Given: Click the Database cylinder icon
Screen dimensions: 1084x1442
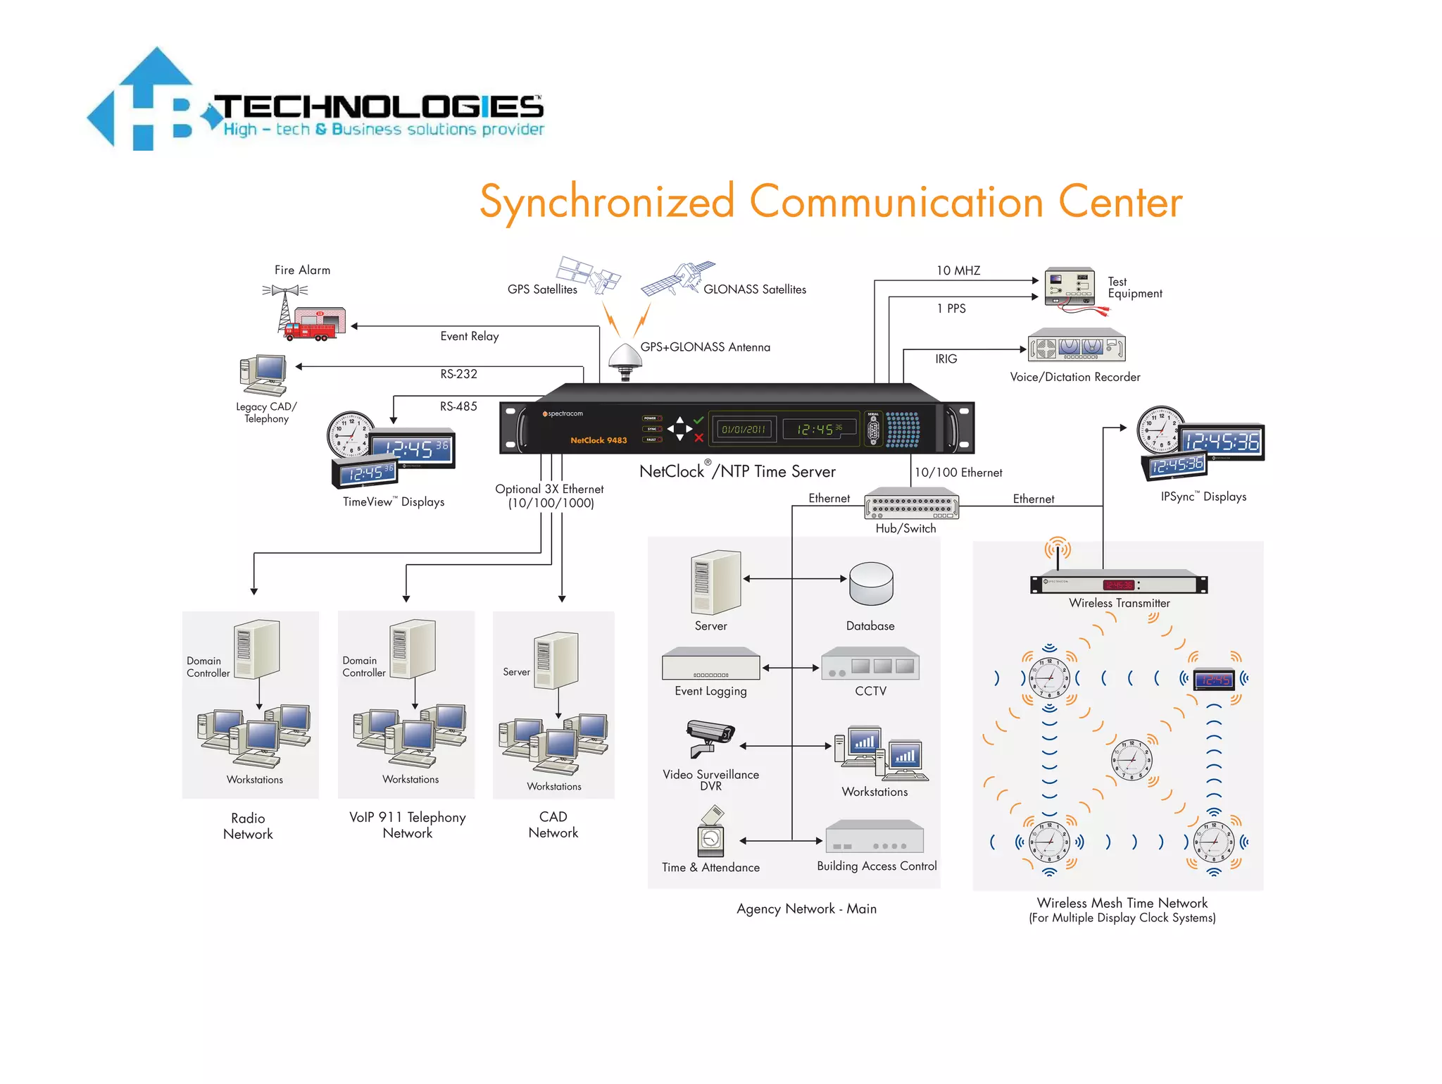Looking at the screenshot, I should [x=871, y=584].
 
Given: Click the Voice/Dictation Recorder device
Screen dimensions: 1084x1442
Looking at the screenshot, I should [x=1077, y=346].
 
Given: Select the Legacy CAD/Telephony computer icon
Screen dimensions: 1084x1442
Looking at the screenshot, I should [x=265, y=375].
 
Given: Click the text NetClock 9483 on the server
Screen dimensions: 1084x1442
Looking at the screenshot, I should [x=598, y=440].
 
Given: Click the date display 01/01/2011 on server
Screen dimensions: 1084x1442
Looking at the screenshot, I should [x=744, y=429].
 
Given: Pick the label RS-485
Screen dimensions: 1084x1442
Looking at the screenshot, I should [x=458, y=406].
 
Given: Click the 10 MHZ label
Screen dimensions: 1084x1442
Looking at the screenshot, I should [x=958, y=270].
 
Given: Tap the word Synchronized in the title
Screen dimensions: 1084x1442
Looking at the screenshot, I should [x=607, y=202].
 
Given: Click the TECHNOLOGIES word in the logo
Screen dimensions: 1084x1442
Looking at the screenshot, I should [x=379, y=107].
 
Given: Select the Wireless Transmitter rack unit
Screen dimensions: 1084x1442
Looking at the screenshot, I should [x=1118, y=584].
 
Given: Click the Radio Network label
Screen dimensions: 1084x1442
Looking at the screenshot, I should [x=248, y=826].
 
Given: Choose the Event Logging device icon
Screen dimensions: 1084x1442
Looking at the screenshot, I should [x=710, y=664].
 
